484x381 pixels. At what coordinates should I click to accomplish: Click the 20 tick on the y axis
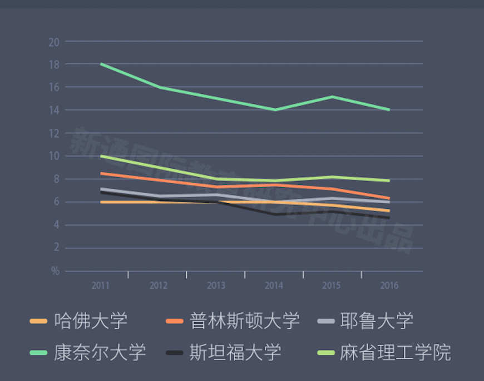point(54,42)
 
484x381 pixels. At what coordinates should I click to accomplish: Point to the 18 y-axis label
point(54,64)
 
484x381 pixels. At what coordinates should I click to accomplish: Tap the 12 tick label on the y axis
point(54,133)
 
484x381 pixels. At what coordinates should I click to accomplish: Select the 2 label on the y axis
point(56,248)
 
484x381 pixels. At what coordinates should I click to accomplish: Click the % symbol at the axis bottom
point(55,271)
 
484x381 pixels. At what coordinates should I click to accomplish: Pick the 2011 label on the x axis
point(101,286)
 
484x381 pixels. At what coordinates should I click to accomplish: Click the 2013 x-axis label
point(216,286)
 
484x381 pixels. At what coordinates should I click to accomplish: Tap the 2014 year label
point(274,286)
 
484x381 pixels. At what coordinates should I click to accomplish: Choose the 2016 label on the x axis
point(389,286)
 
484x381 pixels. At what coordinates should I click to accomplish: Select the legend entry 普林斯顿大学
point(244,321)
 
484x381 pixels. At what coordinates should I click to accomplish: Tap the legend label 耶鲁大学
point(376,321)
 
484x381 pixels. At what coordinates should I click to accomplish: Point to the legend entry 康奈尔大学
point(100,352)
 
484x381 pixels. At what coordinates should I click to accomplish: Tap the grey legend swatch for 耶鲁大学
point(325,321)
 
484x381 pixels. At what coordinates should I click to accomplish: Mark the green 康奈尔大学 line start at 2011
point(101,64)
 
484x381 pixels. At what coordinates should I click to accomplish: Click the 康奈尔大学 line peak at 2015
point(332,97)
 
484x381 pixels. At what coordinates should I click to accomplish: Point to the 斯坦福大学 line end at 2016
point(389,218)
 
